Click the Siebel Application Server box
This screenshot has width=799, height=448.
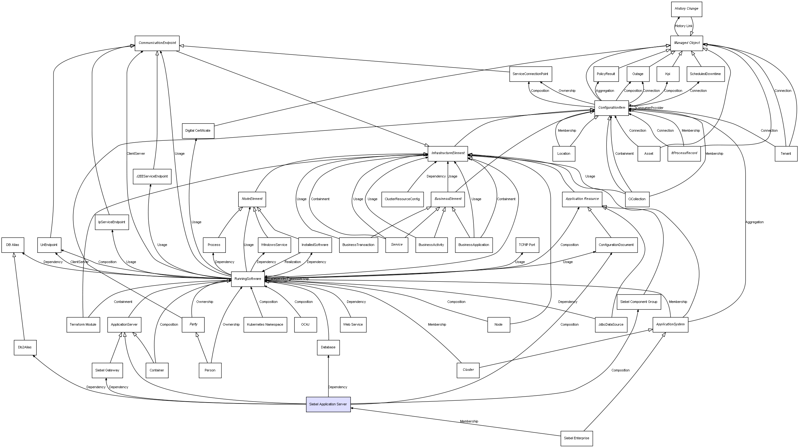point(328,404)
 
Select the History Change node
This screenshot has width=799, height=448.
point(686,9)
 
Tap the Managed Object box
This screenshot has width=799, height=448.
point(687,43)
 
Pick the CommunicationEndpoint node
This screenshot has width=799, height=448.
point(157,43)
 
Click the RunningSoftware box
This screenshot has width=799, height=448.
point(248,279)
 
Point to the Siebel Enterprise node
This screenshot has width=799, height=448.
point(576,438)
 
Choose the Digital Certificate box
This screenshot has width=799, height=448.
point(198,130)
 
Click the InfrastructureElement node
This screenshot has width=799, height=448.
point(448,153)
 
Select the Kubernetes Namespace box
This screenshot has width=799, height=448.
point(265,324)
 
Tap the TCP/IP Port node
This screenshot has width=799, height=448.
point(527,245)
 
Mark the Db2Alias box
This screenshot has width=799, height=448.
point(25,347)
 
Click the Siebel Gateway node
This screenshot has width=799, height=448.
point(107,370)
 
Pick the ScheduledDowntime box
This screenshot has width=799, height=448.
point(705,74)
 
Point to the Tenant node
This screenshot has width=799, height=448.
point(786,153)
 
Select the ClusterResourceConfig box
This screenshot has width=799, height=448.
point(402,199)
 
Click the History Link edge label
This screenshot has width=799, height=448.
point(684,26)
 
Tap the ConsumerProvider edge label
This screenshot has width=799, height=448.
point(649,108)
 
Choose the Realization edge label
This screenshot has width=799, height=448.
point(293,262)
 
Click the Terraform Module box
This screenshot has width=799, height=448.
point(83,324)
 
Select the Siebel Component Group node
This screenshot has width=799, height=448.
point(639,302)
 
